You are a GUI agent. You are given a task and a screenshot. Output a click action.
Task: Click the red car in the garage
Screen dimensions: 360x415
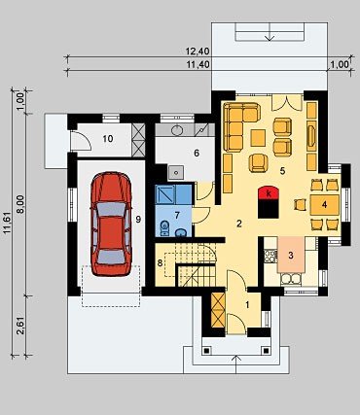(x=111, y=224)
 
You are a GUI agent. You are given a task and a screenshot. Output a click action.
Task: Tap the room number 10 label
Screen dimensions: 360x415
(x=108, y=139)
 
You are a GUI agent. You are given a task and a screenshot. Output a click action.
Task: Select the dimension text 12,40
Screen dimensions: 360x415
(x=198, y=52)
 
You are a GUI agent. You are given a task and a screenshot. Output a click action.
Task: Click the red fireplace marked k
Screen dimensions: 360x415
(x=269, y=193)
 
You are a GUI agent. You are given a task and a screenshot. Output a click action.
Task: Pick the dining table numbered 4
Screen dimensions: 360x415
(x=325, y=205)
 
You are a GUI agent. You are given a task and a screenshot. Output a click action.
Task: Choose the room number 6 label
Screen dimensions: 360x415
(x=197, y=153)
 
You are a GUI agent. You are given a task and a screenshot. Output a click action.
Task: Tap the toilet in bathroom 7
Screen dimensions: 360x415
(x=164, y=227)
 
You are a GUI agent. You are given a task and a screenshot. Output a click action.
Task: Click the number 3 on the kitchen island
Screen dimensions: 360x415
(x=291, y=255)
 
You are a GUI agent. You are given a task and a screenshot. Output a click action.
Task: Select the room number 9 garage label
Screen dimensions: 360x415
(x=138, y=220)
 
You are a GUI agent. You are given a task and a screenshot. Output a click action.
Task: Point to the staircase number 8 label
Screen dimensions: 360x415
(x=160, y=262)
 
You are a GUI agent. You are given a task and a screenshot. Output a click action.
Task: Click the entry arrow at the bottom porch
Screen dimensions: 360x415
(x=235, y=364)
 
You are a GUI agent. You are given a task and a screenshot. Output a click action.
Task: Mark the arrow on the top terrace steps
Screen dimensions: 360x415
(x=270, y=35)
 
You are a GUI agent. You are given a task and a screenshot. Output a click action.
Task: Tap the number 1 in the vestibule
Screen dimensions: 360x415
(x=247, y=305)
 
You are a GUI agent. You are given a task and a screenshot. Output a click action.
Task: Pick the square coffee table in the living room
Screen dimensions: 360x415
(x=258, y=138)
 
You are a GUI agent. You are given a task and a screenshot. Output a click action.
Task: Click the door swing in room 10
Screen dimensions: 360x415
(x=81, y=141)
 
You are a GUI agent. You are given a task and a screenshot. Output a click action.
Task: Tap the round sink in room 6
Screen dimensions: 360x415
(x=177, y=130)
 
